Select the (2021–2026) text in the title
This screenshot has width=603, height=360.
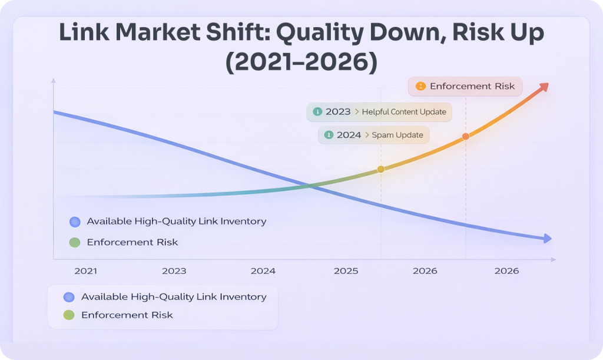coord(301,62)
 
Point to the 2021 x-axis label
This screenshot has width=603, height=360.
coord(86,271)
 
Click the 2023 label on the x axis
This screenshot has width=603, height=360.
coord(174,271)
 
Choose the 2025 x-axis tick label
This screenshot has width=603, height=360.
coord(346,271)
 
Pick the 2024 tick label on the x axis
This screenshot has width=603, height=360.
coord(263,271)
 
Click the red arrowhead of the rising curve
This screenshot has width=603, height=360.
coord(544,87)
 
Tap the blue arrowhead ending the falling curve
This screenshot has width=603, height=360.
coord(548,239)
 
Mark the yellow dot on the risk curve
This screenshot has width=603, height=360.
coord(380,169)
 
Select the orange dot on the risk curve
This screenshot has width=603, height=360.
coord(466,136)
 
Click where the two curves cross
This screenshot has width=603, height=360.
coord(310,186)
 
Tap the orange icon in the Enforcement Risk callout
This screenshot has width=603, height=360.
coord(420,86)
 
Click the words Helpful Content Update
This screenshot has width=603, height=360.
coord(404,112)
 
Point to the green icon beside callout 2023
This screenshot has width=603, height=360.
coord(317,112)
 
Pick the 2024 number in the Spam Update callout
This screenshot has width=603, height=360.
coord(349,135)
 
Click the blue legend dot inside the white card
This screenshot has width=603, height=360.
coord(69,298)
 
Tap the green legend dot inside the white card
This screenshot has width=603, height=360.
coord(69,315)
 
